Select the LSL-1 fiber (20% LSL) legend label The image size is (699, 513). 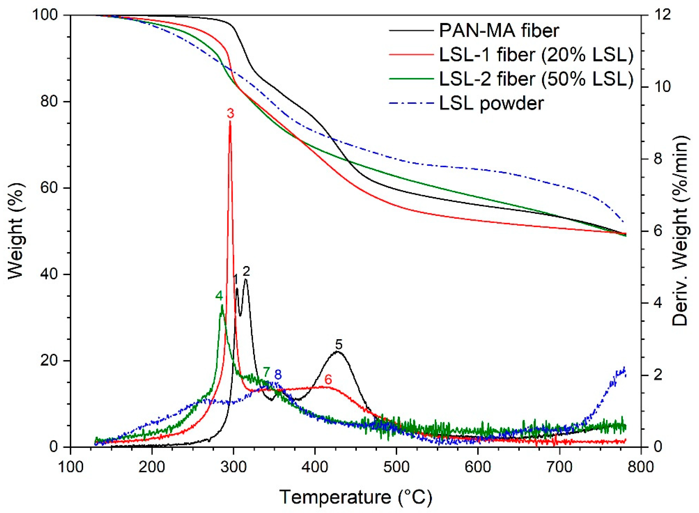[x=536, y=55]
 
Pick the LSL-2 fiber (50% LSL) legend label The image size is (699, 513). [x=536, y=79]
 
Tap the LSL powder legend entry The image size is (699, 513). [x=491, y=103]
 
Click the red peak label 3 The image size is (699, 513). [x=230, y=114]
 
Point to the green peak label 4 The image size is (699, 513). [x=219, y=296]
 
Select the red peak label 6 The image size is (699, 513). [x=328, y=380]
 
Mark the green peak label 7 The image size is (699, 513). [x=266, y=372]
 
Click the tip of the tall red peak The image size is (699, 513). [x=230, y=122]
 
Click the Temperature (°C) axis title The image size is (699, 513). [x=356, y=497]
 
